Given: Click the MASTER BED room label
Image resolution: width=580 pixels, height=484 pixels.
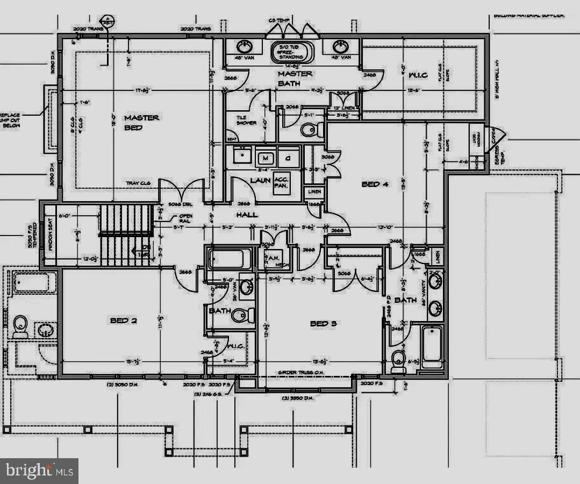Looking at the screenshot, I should point(141,122).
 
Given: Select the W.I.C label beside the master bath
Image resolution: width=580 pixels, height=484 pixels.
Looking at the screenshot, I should point(417,75).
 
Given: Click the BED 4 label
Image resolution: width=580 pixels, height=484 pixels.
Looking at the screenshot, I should point(375,184).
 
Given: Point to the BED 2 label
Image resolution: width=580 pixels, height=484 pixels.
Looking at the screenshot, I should point(124,321).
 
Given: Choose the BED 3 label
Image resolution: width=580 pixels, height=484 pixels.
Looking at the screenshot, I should point(324,324).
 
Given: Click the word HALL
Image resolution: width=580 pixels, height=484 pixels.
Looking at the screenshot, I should point(247,215).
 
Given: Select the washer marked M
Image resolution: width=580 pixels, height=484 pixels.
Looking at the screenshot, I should point(265,158).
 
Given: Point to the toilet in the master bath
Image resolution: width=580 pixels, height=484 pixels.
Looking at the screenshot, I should point(310,130).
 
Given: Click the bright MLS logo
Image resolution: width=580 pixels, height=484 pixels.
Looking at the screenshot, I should point(39,471).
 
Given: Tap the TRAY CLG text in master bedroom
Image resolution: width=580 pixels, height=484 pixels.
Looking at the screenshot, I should point(138,183).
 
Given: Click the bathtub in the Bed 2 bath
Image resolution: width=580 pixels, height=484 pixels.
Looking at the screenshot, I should point(230,259).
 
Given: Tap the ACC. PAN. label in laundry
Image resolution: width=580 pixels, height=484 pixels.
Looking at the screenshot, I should point(281,183).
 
